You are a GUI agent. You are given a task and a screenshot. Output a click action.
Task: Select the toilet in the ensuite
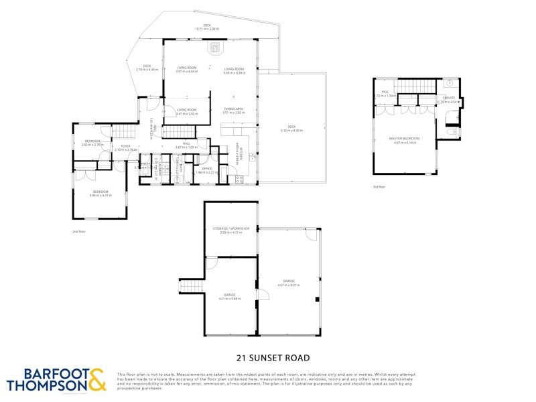click(453, 133)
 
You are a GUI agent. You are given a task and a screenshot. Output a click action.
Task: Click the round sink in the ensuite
click(448, 85)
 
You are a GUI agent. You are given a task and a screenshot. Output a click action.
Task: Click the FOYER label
click(125, 147)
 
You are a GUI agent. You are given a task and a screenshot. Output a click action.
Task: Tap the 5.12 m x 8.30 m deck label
click(291, 129)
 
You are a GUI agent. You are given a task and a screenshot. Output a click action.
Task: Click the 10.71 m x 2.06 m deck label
click(207, 27)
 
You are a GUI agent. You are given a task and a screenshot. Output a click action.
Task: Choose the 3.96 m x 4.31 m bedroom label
click(100, 193)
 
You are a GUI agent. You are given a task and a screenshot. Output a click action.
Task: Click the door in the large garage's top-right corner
click(311, 236)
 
